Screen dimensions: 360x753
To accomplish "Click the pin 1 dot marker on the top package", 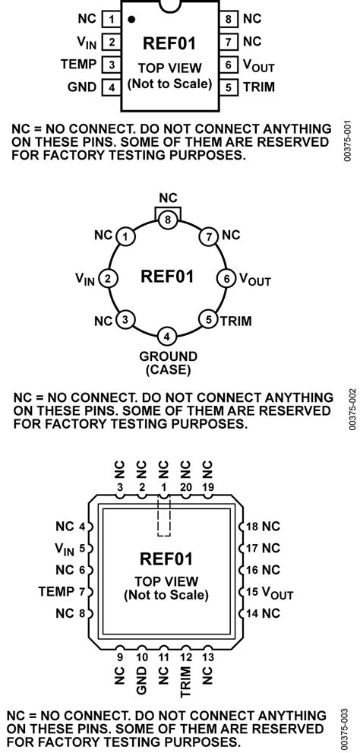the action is coord(131,20).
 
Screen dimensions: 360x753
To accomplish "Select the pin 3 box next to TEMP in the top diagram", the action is coord(112,65).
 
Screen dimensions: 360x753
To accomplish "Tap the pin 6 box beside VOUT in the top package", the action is coord(229,65).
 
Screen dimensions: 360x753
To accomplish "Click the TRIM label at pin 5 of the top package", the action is coord(259,87).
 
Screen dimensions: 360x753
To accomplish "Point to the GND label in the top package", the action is coord(83,87).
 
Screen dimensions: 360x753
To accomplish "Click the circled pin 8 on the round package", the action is coord(167,220).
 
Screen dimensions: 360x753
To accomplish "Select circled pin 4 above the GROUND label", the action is coord(167,336).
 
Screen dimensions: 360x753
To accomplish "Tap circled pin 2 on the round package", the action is coord(109,278).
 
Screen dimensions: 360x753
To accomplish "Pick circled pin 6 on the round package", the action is coord(226,278).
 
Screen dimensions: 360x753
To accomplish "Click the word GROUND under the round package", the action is coord(168,357).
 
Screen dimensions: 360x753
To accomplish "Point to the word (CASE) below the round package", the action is coord(168,370).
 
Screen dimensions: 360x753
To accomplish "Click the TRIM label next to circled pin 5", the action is coord(236,321).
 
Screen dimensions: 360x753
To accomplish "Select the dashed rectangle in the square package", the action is coord(164,517).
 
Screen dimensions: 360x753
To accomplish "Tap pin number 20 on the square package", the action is coord(186,487).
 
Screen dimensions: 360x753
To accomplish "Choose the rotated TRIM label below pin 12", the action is coord(186,681).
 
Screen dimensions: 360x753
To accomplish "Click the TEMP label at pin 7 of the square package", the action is coord(56,591).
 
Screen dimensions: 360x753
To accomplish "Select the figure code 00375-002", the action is coord(353,409).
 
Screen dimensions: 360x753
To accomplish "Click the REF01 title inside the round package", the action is coord(167,277).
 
